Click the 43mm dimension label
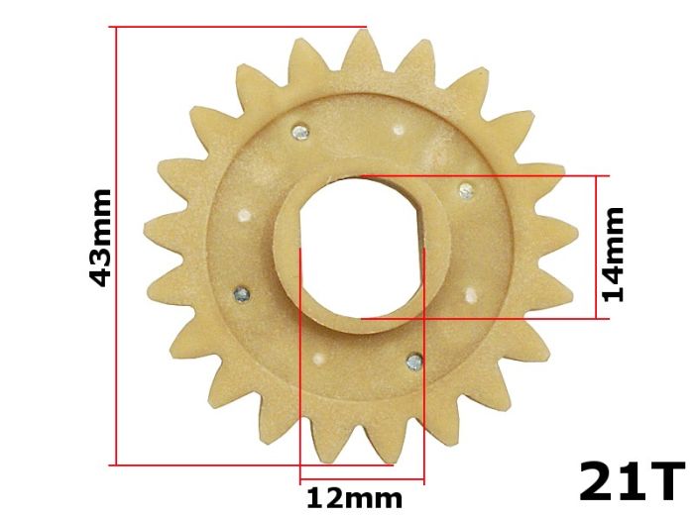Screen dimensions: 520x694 100,238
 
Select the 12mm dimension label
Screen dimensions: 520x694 354,496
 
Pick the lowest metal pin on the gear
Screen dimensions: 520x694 415,362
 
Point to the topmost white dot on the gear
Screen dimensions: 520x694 399,127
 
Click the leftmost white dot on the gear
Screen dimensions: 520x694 244,212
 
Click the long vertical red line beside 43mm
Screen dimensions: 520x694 117,245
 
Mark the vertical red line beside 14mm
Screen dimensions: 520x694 598,247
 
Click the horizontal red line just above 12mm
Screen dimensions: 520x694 362,482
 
